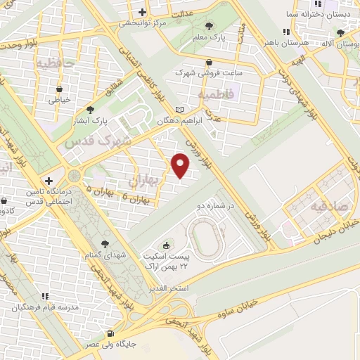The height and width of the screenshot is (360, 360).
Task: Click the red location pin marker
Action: pyautogui.click(x=181, y=166)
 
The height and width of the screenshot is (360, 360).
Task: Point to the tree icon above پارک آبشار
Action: pyautogui.click(x=90, y=109)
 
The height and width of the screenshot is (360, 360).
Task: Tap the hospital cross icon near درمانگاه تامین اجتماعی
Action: pyautogui.click(x=49, y=181)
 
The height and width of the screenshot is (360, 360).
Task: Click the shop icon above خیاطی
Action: pyautogui.click(x=59, y=89)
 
